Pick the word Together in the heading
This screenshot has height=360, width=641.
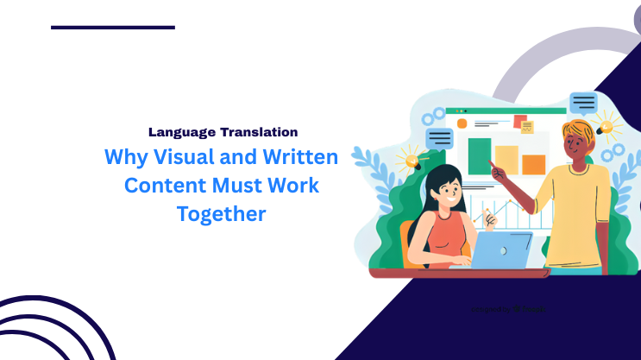[x=222, y=213]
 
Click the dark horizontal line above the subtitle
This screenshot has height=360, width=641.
[x=113, y=28]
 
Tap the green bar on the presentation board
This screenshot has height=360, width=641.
[x=479, y=156]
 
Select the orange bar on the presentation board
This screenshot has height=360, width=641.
[x=534, y=164]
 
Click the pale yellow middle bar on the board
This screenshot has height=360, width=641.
[x=506, y=160]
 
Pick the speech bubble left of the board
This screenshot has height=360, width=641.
[x=440, y=138]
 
